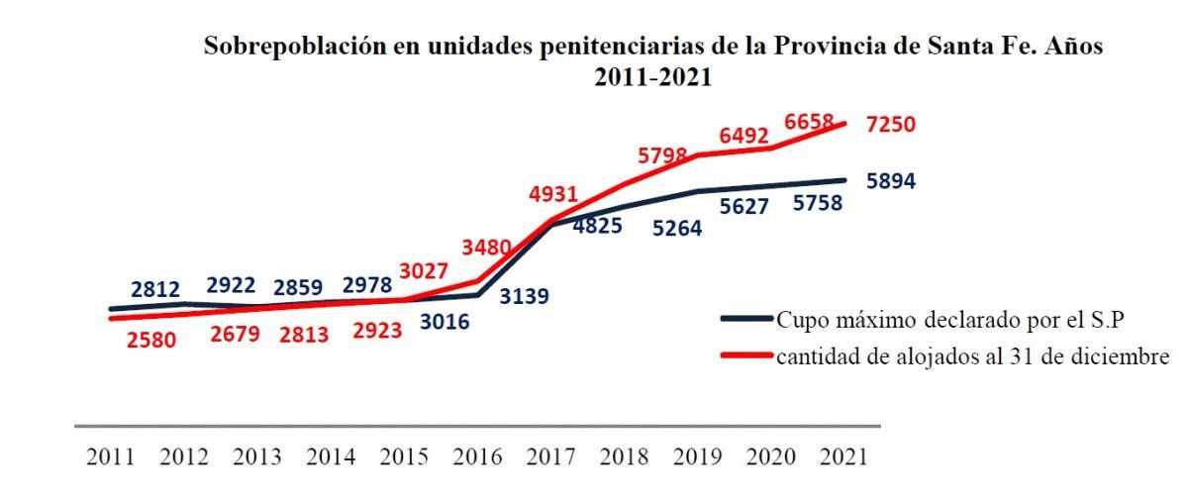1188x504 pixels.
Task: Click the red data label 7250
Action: pos(891,125)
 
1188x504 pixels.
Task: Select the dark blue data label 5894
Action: pos(891,181)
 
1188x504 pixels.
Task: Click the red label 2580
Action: pos(150,340)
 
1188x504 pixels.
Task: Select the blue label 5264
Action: pos(677,229)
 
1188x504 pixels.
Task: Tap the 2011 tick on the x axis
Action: pos(110,457)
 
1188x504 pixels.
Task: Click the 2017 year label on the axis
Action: pos(550,457)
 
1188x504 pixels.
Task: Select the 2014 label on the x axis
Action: pos(331,457)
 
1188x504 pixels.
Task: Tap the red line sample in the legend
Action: pos(745,356)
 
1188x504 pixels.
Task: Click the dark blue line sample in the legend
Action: pos(745,320)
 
